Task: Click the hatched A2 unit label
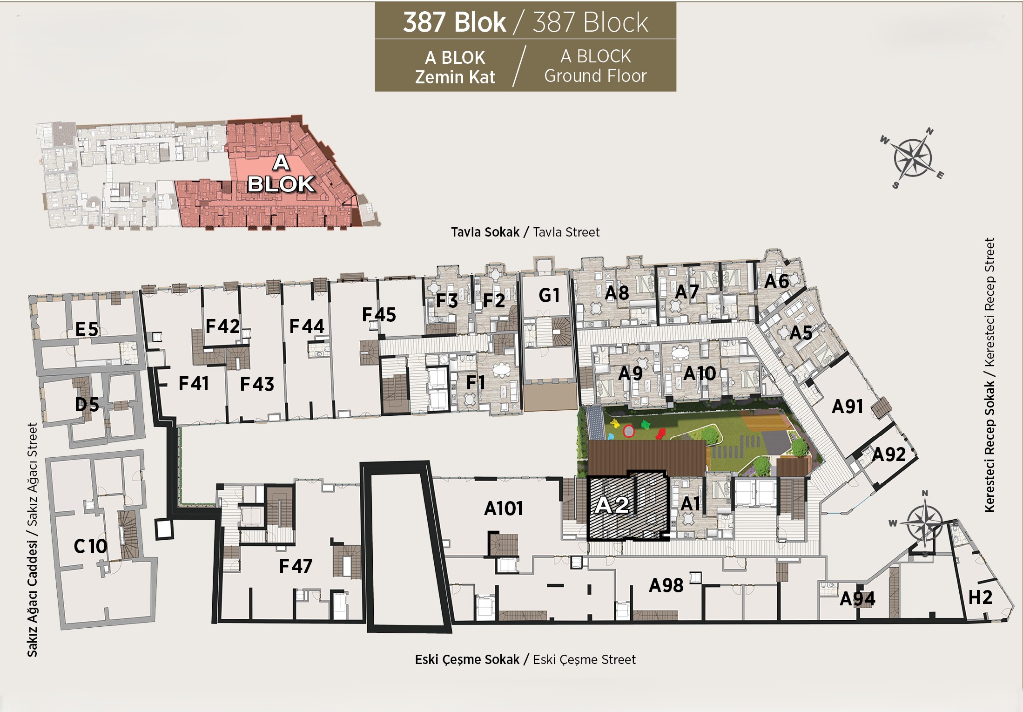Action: [x=612, y=505]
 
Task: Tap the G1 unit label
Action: [x=549, y=295]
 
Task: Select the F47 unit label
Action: [x=296, y=566]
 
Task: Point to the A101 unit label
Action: [x=503, y=509]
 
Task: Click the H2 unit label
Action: [x=980, y=597]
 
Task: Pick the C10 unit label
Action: [x=90, y=546]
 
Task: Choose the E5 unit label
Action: [x=87, y=329]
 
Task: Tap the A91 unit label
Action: [x=848, y=407]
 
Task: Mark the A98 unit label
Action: [x=666, y=585]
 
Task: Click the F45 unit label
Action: [x=379, y=315]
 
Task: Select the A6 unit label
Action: [x=776, y=281]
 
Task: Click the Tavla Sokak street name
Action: [x=485, y=232]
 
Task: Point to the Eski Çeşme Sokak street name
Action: [x=467, y=659]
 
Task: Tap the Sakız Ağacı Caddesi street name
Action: [x=32, y=599]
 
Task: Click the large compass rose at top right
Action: [x=913, y=158]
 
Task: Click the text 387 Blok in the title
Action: [x=454, y=22]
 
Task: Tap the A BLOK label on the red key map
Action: [x=281, y=174]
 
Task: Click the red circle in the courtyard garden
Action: [x=629, y=431]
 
